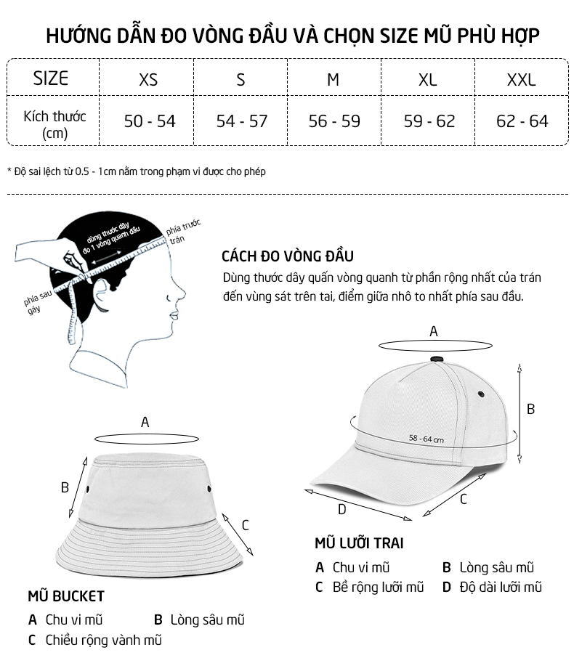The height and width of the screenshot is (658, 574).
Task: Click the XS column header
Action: pyautogui.click(x=148, y=79)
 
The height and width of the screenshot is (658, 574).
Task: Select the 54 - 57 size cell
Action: pyautogui.click(x=242, y=121)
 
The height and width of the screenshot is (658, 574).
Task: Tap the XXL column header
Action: pyautogui.click(x=521, y=79)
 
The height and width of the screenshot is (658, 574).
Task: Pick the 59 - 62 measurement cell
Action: pyautogui.click(x=429, y=121)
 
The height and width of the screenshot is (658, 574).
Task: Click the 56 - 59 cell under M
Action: pyautogui.click(x=334, y=121)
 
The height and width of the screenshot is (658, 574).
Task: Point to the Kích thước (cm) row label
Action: pyautogui.click(x=54, y=125)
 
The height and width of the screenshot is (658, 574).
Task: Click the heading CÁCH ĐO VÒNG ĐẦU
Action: pyautogui.click(x=288, y=256)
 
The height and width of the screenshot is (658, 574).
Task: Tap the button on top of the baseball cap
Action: pyautogui.click(x=437, y=359)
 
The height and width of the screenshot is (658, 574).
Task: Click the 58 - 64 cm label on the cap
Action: pyautogui.click(x=427, y=439)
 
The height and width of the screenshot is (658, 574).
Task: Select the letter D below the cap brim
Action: pyautogui.click(x=342, y=509)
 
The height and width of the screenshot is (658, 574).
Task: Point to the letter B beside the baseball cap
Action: pyautogui.click(x=530, y=409)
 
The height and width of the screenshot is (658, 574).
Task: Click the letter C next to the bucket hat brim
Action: pyautogui.click(x=245, y=525)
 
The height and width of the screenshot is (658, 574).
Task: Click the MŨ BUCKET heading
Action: pyautogui.click(x=66, y=596)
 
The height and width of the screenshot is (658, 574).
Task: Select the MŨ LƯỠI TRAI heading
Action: pyautogui.click(x=359, y=543)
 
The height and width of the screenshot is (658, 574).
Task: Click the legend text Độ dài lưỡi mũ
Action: pyautogui.click(x=501, y=587)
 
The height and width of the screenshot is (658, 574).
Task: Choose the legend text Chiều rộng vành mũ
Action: pyautogui.click(x=103, y=641)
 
